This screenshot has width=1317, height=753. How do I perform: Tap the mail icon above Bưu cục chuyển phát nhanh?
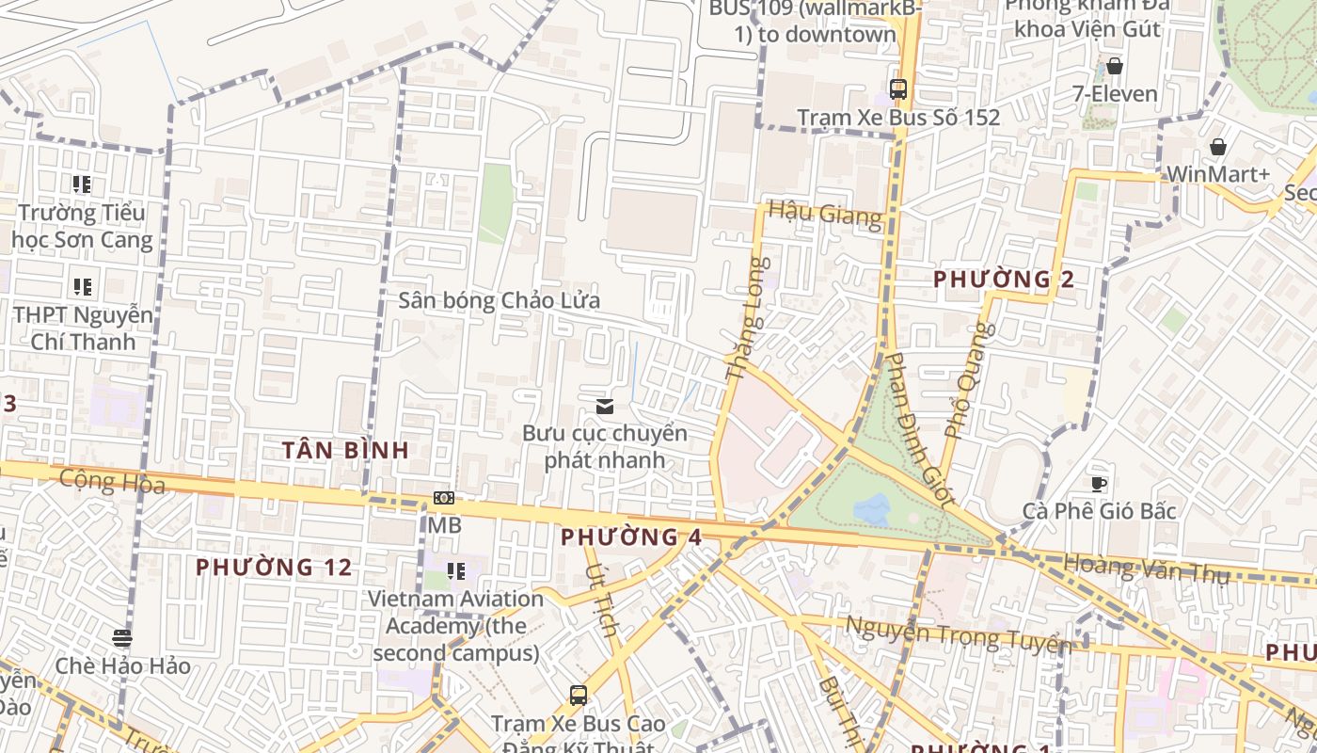[605, 407]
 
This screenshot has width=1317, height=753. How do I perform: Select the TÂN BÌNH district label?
[346, 450]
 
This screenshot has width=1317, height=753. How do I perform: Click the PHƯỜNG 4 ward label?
[631, 537]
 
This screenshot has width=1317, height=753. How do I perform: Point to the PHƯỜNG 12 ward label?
[274, 568]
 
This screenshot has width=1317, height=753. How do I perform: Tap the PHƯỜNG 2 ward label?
[1004, 280]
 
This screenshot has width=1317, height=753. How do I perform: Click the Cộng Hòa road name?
[112, 483]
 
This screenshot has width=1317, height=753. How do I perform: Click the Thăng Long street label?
[749, 320]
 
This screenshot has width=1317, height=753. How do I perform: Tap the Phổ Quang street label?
[969, 380]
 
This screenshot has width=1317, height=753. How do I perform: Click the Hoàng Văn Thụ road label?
[1146, 569]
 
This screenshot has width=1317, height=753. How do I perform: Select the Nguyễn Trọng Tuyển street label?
[957, 635]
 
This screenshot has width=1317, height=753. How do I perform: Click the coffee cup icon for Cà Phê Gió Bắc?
[1098, 484]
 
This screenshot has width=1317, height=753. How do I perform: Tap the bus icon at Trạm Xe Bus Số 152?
[898, 89]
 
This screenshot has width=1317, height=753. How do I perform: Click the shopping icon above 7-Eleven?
[1115, 66]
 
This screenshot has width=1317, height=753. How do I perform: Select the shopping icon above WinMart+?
[1217, 147]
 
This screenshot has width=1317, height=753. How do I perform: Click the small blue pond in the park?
[872, 509]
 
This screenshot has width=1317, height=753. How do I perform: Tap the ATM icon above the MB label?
[444, 498]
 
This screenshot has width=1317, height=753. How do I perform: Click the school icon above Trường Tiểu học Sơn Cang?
[83, 184]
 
